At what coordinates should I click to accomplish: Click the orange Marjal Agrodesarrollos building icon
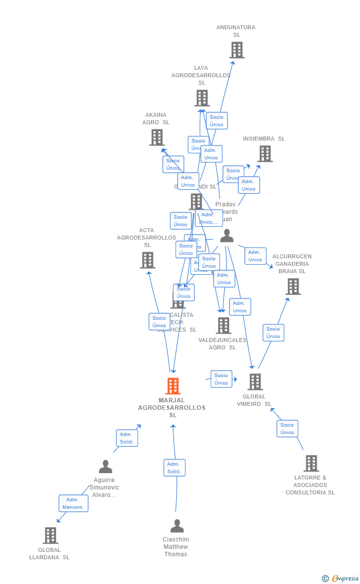click(x=173, y=386)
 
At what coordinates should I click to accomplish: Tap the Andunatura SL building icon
click(x=237, y=50)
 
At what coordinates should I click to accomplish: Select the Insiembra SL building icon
click(x=265, y=153)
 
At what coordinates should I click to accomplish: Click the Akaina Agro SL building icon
click(x=157, y=137)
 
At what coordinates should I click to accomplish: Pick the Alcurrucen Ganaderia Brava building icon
click(x=293, y=286)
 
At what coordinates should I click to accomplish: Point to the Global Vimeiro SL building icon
click(x=255, y=382)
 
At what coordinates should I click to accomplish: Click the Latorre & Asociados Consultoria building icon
click(x=311, y=463)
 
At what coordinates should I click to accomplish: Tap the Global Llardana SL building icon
click(x=50, y=535)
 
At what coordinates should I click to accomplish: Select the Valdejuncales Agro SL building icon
click(x=224, y=325)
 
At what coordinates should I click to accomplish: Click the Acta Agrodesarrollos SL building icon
click(x=147, y=260)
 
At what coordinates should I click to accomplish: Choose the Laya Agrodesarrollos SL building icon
click(x=202, y=98)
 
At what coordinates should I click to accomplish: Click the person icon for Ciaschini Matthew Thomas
click(x=177, y=526)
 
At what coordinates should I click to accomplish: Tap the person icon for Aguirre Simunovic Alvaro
click(x=105, y=467)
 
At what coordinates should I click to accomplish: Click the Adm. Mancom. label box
click(x=73, y=503)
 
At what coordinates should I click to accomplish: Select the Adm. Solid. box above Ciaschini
click(x=174, y=468)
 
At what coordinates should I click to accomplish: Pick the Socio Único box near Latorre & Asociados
click(x=287, y=429)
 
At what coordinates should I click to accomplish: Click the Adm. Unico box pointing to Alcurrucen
click(x=255, y=256)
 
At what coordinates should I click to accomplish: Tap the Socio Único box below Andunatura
click(x=217, y=121)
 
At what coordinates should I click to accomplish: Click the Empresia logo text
click(x=345, y=578)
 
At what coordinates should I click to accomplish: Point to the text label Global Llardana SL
click(x=49, y=553)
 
